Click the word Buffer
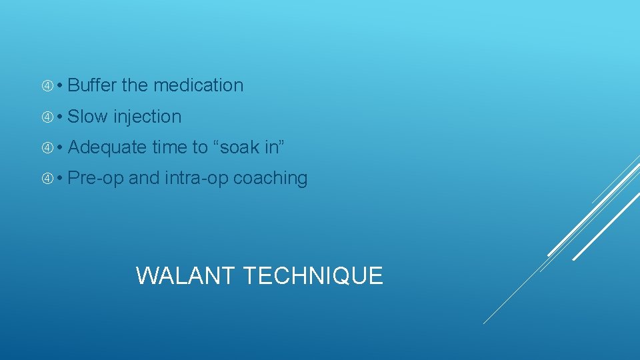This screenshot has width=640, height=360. coord(92,85)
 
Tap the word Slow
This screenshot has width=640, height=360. coord(87,117)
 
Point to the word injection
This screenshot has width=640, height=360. coord(147,117)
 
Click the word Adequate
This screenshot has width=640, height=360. coord(107,147)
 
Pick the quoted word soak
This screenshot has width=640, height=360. coord(237,147)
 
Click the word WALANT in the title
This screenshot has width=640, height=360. coord(186,275)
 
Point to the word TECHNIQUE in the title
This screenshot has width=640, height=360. coord(313,275)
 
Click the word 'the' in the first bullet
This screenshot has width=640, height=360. coord(135,85)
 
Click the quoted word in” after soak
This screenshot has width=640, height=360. coord(275,147)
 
